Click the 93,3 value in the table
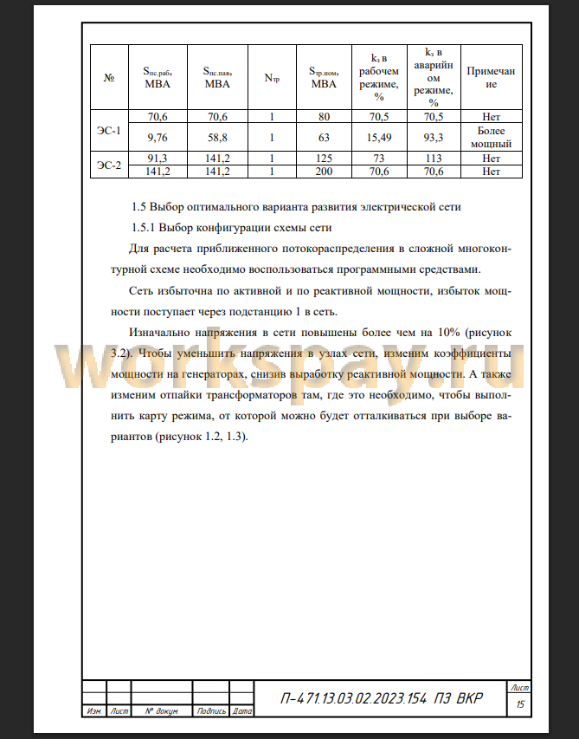[x=434, y=137]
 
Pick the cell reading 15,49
[x=379, y=137]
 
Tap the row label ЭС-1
[x=109, y=131]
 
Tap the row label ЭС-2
[x=109, y=165]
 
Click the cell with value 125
[x=324, y=159]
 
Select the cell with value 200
[x=324, y=171]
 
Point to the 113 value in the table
[x=434, y=159]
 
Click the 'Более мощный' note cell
[x=492, y=137]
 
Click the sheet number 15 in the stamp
[x=520, y=704]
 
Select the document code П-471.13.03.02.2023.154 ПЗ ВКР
[x=382, y=699]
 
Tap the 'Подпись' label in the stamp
[x=211, y=711]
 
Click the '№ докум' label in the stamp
[x=161, y=711]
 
